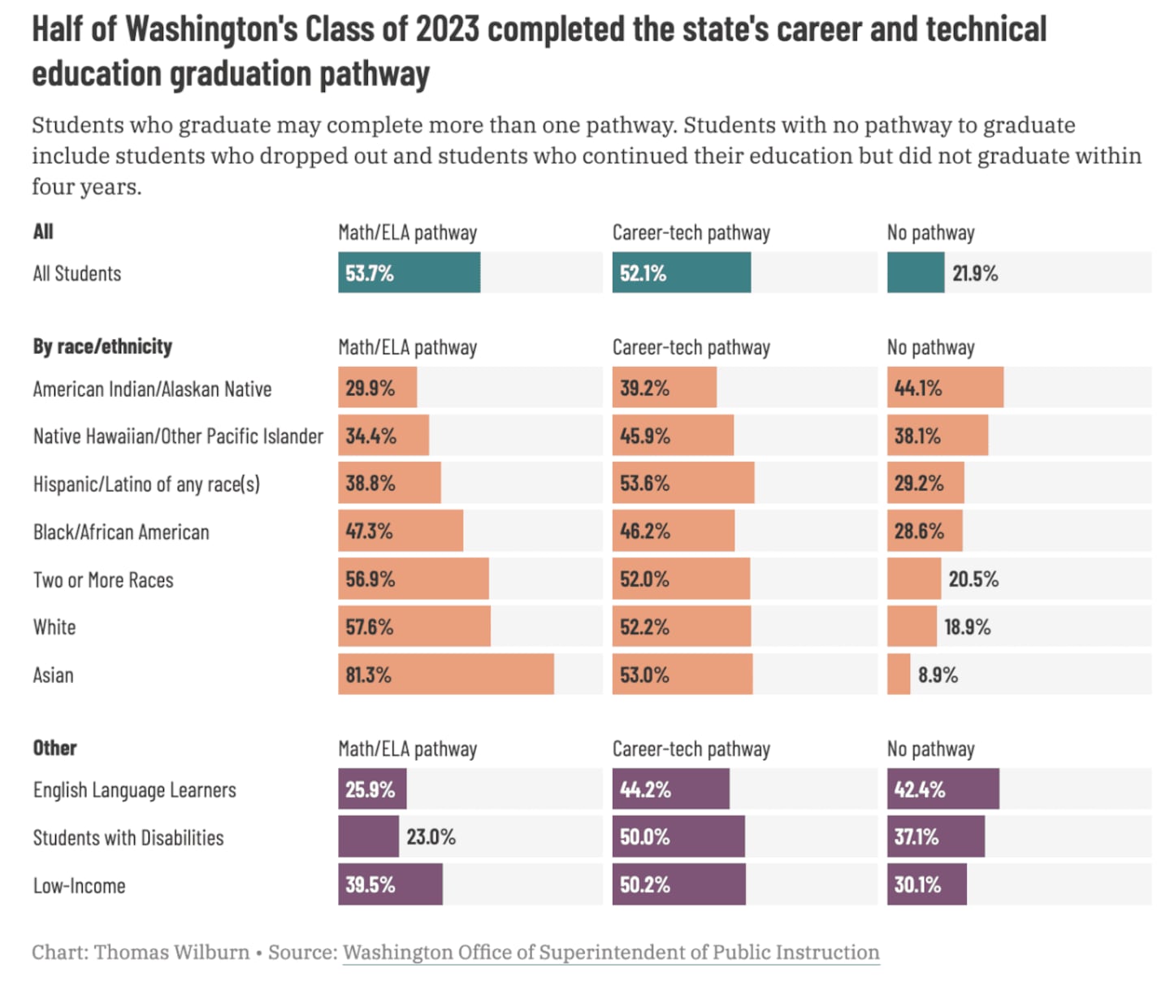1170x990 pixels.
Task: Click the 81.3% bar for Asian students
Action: click(445, 675)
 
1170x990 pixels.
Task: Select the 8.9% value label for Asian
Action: click(938, 675)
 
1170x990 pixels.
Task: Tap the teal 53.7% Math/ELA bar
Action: click(409, 273)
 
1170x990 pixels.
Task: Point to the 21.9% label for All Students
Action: click(974, 274)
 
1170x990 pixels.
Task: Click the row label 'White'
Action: click(54, 627)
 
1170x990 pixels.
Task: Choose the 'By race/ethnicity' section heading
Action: click(102, 347)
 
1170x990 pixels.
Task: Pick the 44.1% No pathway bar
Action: click(945, 388)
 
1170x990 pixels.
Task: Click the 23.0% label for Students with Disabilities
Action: click(431, 837)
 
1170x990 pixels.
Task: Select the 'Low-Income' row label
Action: click(79, 886)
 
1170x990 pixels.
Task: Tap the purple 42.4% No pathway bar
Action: click(942, 789)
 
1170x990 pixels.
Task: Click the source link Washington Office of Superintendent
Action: click(611, 953)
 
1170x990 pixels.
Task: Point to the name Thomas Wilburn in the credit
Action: click(171, 953)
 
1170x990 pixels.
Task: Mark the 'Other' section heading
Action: click(54, 749)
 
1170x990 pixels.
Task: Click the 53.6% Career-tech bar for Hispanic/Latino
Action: click(682, 484)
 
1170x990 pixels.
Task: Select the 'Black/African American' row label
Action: click(121, 532)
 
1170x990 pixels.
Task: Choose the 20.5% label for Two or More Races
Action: click(973, 580)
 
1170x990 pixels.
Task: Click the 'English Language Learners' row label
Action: click(134, 790)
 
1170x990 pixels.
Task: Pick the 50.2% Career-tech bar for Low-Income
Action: click(678, 885)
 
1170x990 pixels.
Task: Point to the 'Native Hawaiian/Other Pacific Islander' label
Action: click(178, 436)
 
